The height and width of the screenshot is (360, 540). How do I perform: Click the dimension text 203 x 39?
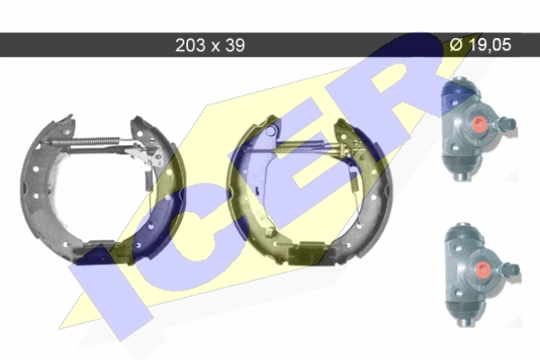[x=210, y=45]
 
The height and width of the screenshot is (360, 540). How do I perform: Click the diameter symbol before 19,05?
[x=455, y=45]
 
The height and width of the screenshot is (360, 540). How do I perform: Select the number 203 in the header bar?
[x=191, y=45]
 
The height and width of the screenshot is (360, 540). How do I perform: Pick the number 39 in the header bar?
[x=235, y=45]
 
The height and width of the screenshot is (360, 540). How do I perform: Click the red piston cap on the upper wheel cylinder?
[x=479, y=123]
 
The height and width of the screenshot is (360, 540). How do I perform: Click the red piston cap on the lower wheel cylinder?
[x=482, y=269]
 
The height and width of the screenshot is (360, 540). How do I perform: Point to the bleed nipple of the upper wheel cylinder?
[x=507, y=123]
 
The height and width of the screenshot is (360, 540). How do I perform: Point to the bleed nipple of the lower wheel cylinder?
[x=510, y=269]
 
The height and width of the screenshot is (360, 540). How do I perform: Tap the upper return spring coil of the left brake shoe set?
[x=86, y=141]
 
